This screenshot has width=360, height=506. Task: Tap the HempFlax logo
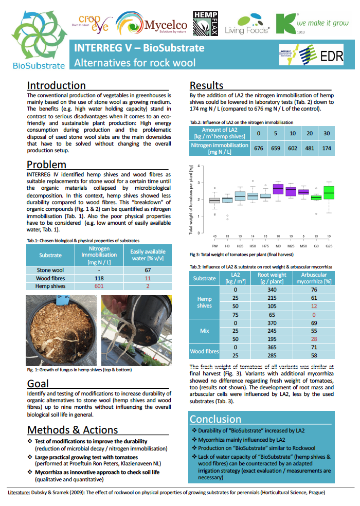click(204, 23)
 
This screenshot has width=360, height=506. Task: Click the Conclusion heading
click(215, 419)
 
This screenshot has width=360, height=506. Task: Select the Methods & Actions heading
click(73, 430)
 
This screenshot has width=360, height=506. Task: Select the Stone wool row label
click(50, 270)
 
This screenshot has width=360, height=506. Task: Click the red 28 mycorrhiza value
click(314, 339)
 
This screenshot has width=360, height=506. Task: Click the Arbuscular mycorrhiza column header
click(314, 278)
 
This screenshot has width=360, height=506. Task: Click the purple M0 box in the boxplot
click(278, 189)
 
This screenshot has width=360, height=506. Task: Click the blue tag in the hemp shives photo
click(63, 300)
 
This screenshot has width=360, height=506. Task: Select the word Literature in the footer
click(19, 493)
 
